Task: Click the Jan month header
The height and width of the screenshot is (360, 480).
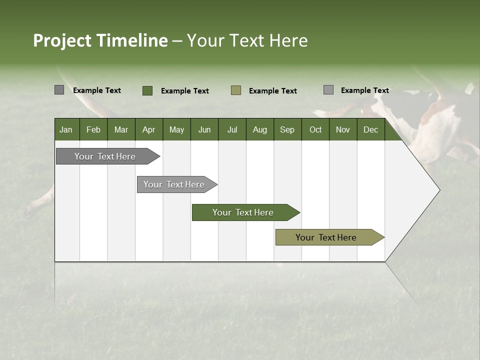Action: point(66,129)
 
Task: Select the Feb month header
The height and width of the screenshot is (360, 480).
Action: point(93,129)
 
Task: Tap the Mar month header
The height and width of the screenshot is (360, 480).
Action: point(121,129)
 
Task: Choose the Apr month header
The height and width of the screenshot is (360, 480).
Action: point(149,129)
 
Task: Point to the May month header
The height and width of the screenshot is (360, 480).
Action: point(176,129)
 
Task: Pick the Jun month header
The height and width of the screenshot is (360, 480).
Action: point(204,129)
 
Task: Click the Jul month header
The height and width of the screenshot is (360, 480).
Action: point(232,129)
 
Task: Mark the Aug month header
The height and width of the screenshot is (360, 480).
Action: point(260,129)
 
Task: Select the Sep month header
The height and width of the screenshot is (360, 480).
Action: point(287,129)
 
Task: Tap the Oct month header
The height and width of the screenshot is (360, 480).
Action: point(315,129)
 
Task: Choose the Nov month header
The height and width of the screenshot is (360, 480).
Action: point(343,129)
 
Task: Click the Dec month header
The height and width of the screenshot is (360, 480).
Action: point(371,129)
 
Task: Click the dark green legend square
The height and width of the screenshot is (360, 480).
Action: point(147,90)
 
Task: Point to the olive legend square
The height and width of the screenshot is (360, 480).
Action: point(236,90)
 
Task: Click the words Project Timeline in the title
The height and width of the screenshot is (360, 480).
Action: point(100,40)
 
